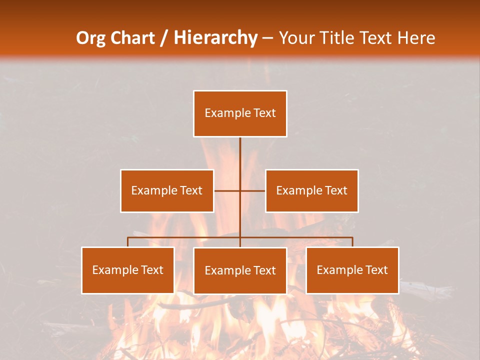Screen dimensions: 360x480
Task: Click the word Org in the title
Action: pos(90,38)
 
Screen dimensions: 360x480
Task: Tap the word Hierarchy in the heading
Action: pos(215,38)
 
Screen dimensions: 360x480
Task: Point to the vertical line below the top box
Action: pos(240,155)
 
